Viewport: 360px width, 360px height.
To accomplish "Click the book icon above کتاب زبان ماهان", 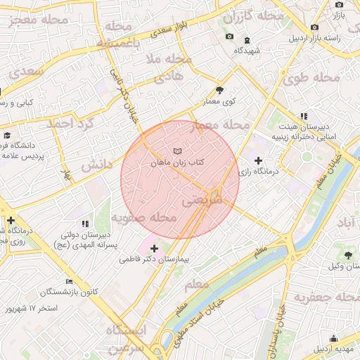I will tap(176, 151).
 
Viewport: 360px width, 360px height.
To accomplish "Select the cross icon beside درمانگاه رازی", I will tap(258, 161).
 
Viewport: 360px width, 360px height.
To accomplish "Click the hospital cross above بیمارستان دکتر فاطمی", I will tap(154, 248).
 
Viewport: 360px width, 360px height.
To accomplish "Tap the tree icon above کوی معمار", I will tap(219, 90).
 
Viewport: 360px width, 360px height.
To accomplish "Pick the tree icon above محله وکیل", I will tap(348, 254).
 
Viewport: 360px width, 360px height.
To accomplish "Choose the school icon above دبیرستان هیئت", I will tap(303, 116).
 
